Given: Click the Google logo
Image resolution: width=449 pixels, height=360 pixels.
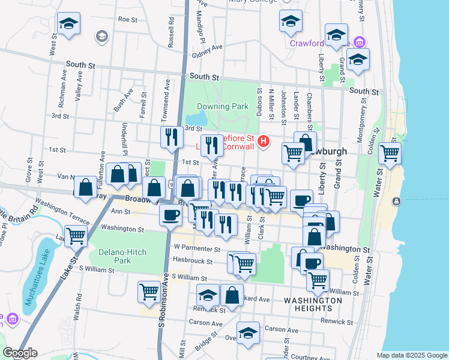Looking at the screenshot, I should pos(20,353).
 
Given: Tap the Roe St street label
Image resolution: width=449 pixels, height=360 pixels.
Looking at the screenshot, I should pos(128,19).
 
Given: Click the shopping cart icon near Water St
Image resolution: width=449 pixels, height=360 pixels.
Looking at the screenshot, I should pos(390,154).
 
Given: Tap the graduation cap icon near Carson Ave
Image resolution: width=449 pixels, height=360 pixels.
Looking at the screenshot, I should pos(248,332).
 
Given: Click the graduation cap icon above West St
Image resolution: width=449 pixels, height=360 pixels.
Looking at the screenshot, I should pos(69,25).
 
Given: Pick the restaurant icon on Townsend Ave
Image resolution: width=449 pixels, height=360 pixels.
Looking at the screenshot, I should pos(172,137).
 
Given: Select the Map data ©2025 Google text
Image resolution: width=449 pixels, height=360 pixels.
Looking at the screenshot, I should pos(412,355).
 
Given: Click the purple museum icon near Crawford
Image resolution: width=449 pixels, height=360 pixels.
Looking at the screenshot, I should pos(360,43).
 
